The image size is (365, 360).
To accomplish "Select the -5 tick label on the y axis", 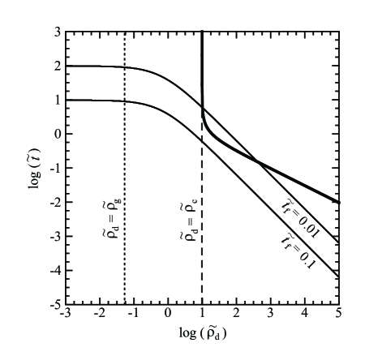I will click(x=55, y=305).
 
